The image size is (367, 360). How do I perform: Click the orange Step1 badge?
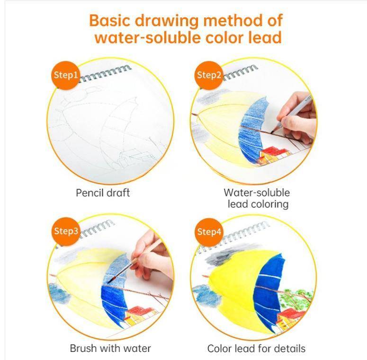tap(65, 75)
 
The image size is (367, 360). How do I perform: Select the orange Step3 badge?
tap(65, 231)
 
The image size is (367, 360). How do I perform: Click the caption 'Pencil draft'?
tap(103, 193)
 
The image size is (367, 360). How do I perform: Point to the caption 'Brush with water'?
tap(110, 349)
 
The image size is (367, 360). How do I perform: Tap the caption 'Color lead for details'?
tap(256, 349)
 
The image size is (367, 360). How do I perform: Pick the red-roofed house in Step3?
tap(140, 315)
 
